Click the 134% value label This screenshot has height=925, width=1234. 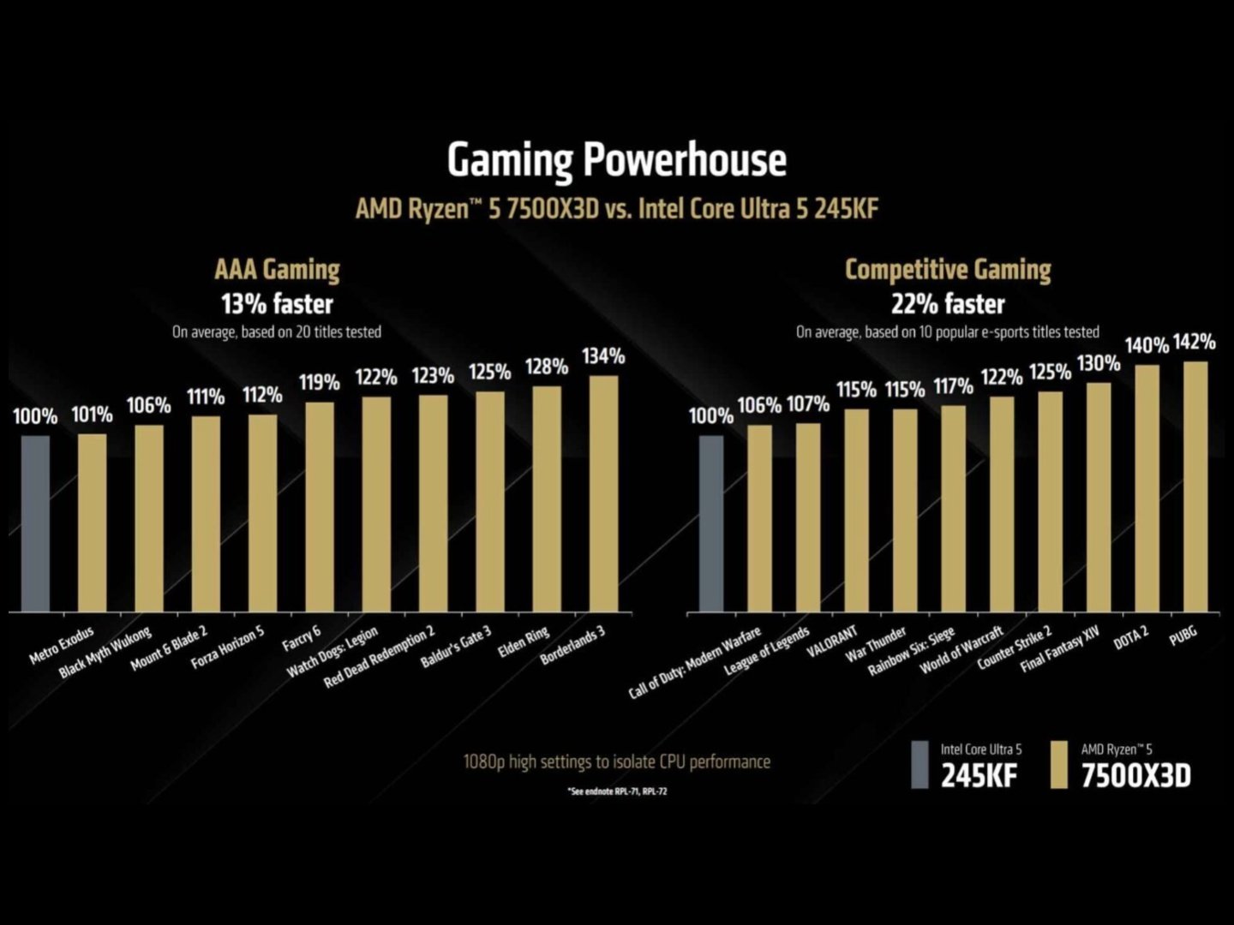pyautogui.click(x=603, y=356)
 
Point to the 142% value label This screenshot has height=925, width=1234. pyautogui.click(x=1194, y=343)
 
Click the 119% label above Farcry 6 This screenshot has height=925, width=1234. pyautogui.click(x=320, y=383)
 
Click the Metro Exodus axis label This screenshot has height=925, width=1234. pyautogui.click(x=61, y=646)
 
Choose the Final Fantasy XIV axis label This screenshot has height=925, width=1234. pyautogui.click(x=1060, y=649)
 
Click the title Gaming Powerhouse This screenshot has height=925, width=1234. pyautogui.click(x=616, y=160)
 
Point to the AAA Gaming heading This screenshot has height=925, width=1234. pyautogui.click(x=277, y=270)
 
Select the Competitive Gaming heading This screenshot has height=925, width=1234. pyautogui.click(x=948, y=270)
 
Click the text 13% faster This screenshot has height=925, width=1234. pyautogui.click(x=277, y=303)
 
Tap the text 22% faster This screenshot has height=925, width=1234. pyautogui.click(x=948, y=303)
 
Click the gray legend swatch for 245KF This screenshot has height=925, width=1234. pyautogui.click(x=920, y=764)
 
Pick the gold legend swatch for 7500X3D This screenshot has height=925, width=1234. pyautogui.click(x=1058, y=764)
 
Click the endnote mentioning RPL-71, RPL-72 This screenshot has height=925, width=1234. pyautogui.click(x=617, y=791)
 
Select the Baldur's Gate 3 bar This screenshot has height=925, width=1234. pyautogui.click(x=490, y=501)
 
